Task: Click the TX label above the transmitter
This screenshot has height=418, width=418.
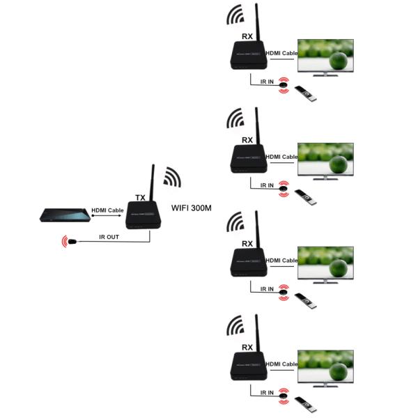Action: [140, 198]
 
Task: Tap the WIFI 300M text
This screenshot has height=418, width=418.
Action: [193, 207]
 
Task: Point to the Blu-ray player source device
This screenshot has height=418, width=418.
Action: [63, 217]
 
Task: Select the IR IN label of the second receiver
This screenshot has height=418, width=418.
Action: [268, 185]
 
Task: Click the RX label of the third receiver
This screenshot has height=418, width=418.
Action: [247, 244]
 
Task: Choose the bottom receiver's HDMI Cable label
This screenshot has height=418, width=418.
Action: [281, 364]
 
